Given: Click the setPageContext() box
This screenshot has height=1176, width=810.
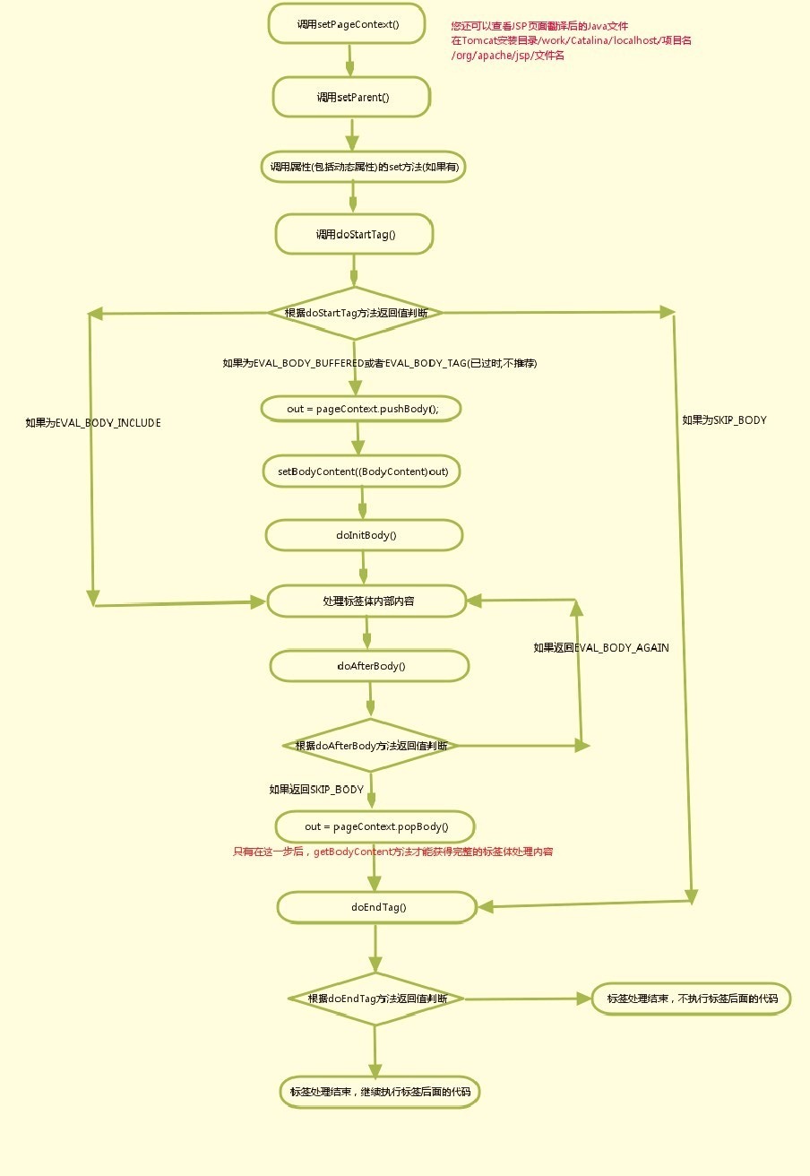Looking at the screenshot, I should click(347, 24).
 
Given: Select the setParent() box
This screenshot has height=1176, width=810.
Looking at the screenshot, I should click(352, 97).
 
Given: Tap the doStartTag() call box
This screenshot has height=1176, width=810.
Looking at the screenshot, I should click(355, 235).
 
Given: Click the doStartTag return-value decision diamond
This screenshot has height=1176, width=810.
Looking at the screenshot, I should click(355, 313).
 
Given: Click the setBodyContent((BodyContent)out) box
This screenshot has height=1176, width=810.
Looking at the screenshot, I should click(362, 471).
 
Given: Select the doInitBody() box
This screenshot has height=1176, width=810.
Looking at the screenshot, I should click(365, 535).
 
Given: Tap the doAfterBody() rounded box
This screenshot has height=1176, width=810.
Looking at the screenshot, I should click(369, 666).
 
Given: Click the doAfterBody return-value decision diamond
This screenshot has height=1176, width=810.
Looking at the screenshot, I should click(371, 745).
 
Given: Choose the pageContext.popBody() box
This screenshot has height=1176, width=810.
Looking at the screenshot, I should click(375, 826).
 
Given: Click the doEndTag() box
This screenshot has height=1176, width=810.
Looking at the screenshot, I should click(377, 907).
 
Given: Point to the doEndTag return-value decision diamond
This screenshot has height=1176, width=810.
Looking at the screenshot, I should click(376, 999).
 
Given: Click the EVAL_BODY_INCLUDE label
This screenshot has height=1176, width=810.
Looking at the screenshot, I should click(93, 422).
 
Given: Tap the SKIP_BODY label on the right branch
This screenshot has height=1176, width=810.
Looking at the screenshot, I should click(724, 419).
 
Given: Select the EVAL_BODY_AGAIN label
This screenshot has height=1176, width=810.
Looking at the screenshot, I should click(601, 647).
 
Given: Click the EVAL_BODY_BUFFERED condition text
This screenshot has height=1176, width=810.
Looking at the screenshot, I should click(379, 363).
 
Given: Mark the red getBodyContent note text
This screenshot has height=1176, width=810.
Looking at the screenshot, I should click(392, 852).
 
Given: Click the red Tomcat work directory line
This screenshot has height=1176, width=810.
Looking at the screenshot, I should click(571, 40).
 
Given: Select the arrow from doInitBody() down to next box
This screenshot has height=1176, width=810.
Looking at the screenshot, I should click(363, 567).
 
